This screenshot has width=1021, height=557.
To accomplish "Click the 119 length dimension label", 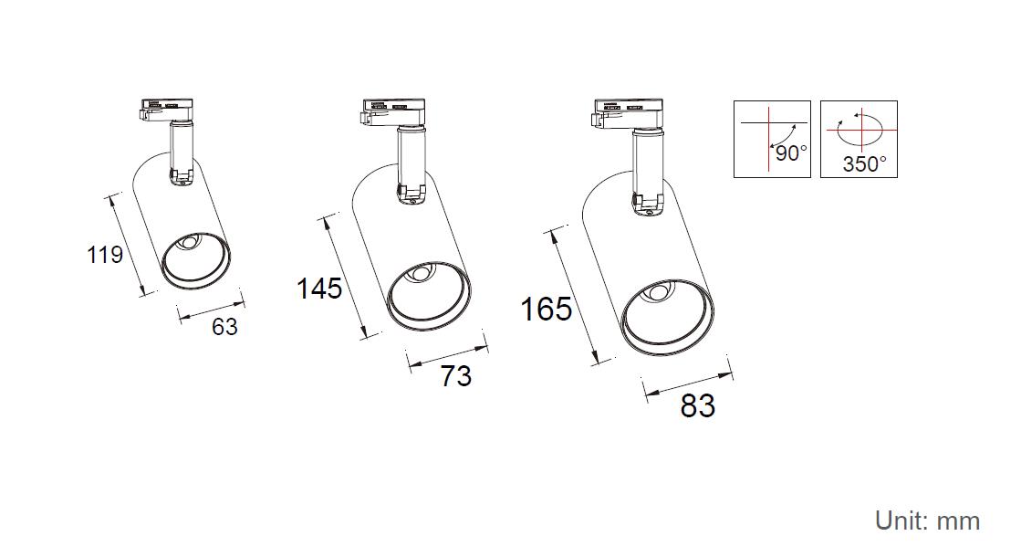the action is click(x=105, y=254).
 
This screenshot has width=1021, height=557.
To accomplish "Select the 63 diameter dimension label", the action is click(x=224, y=326).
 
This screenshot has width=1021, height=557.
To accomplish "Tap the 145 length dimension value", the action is click(x=319, y=288).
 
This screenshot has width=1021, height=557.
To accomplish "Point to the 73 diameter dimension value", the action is click(x=456, y=376).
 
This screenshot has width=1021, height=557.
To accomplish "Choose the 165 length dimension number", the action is click(x=547, y=309).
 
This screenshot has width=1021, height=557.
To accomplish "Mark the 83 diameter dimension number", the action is click(x=697, y=405).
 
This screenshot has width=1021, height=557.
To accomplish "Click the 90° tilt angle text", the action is click(x=791, y=153).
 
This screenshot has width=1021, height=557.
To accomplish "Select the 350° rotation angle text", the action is click(x=864, y=163).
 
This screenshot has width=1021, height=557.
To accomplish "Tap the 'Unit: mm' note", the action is click(x=927, y=521).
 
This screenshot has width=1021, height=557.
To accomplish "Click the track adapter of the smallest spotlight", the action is click(x=166, y=110).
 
